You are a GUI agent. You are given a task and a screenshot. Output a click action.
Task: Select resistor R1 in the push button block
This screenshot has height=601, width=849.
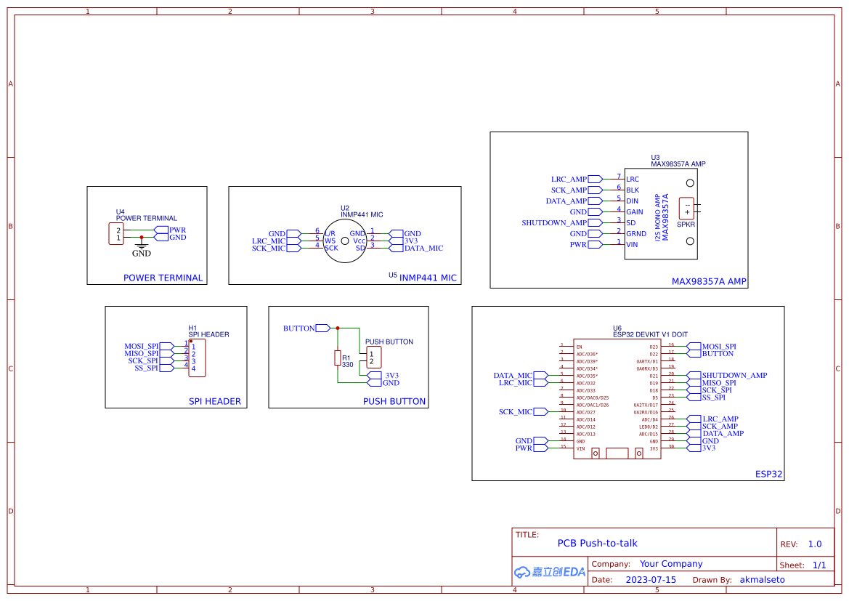(x=337, y=358)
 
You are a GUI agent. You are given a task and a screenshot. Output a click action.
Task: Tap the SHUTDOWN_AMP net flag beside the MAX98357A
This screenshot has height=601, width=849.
(x=595, y=222)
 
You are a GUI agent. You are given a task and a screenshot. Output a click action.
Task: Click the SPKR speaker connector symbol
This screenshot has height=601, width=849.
(x=686, y=209)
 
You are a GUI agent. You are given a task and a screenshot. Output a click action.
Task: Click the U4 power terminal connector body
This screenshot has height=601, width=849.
(x=116, y=234)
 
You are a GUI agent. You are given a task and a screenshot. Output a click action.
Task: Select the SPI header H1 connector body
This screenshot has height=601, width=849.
(x=197, y=358)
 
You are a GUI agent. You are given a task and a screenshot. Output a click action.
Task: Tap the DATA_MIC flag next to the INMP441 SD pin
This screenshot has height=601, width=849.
(x=396, y=248)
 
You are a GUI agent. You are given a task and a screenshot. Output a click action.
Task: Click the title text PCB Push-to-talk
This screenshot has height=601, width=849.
(x=597, y=543)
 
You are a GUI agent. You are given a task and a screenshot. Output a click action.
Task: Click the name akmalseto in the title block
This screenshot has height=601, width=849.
(x=762, y=580)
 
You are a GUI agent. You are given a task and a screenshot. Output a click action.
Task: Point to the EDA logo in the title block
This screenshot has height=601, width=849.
(x=549, y=572)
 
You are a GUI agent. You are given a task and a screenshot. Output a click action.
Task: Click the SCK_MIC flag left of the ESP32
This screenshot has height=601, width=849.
(x=540, y=412)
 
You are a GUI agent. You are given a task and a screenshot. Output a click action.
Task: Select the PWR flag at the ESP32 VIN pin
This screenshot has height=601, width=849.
(x=540, y=448)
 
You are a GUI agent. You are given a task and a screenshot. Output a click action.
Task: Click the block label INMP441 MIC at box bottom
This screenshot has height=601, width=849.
(x=428, y=278)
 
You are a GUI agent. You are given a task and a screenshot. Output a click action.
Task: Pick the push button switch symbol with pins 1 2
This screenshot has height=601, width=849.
(x=373, y=358)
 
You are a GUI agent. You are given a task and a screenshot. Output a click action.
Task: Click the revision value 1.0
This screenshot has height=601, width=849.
(x=815, y=544)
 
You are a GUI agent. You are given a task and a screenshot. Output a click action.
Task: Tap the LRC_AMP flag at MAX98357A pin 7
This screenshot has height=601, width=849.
(x=595, y=179)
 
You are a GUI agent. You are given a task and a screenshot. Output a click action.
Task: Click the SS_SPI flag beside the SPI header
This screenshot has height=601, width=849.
(x=166, y=368)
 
